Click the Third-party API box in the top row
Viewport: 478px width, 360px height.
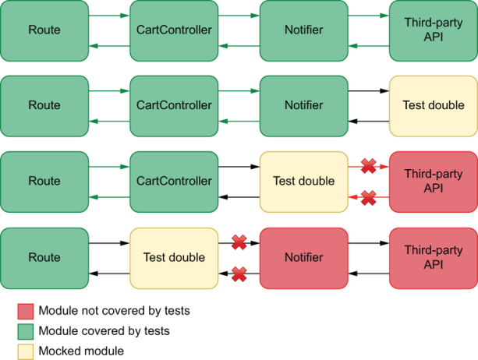click(433, 30)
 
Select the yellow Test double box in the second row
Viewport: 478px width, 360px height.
click(433, 105)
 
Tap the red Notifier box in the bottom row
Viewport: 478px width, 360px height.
click(303, 257)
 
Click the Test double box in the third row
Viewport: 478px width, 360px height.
click(303, 182)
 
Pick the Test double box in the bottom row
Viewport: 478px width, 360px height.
click(174, 257)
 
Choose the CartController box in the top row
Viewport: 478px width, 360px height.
click(174, 30)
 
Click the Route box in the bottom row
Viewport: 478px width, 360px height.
click(44, 257)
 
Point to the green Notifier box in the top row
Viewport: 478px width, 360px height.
click(303, 30)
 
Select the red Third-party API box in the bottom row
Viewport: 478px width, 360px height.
click(433, 257)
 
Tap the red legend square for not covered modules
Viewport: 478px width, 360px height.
click(26, 311)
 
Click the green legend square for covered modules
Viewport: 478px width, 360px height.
click(26, 331)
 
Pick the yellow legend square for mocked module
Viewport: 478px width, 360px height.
click(26, 351)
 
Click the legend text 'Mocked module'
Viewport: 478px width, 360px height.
click(81, 351)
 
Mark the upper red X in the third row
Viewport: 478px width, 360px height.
click(369, 166)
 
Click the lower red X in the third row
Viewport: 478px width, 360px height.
click(369, 198)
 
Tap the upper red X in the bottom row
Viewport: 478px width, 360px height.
click(239, 242)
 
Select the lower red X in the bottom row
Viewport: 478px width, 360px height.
click(239, 274)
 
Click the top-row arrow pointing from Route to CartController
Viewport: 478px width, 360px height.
click(109, 15)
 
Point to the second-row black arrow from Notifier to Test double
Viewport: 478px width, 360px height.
click(368, 90)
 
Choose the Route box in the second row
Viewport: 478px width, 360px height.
click(44, 105)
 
